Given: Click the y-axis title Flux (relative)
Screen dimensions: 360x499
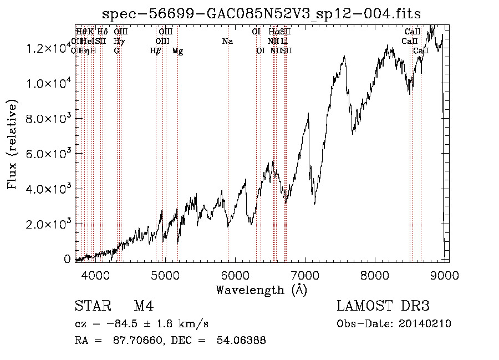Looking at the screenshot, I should tap(12, 145).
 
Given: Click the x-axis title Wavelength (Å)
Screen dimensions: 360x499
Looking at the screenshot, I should tap(261, 290).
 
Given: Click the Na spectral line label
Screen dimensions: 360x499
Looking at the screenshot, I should tap(227, 42).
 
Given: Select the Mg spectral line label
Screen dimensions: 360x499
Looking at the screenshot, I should tap(177, 51).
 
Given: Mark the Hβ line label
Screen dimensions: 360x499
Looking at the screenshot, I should tap(156, 51).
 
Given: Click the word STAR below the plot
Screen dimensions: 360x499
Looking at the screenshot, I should tap(92, 307).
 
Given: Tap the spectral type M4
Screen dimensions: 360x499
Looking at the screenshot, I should tap(144, 307).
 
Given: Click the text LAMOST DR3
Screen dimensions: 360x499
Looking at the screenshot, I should tap(383, 307).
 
